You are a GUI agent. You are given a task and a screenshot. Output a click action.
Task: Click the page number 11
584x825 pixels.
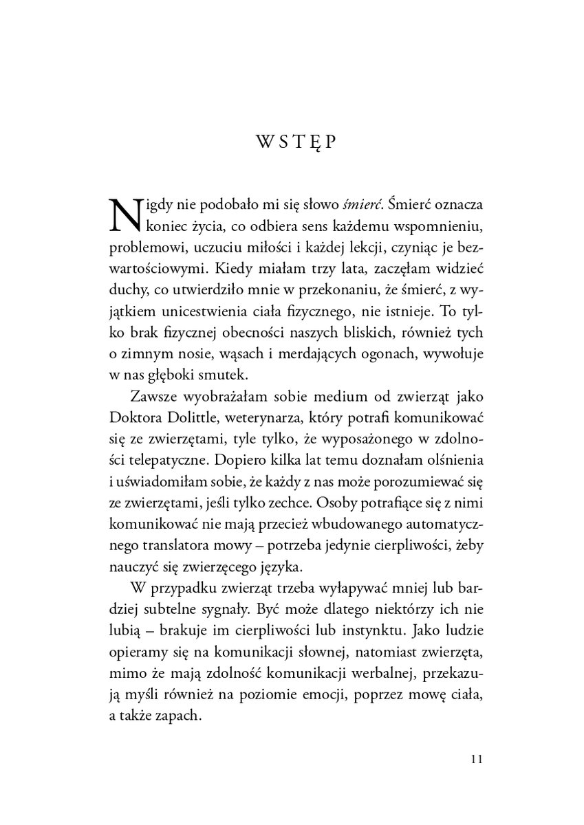[479, 760]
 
